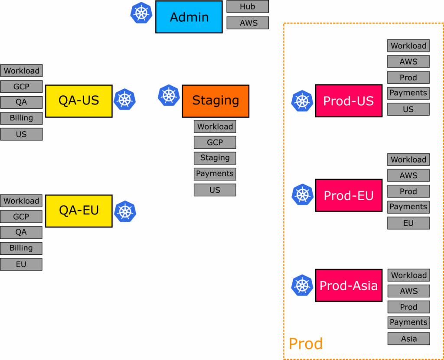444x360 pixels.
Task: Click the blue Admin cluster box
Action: [189, 17]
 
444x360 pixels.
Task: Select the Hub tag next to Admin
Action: [248, 6]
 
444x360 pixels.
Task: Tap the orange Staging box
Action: [215, 101]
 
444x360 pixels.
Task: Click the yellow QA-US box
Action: [79, 101]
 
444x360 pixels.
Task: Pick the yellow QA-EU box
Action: [79, 211]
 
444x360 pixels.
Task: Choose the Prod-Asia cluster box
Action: [349, 285]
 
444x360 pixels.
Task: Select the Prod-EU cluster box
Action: [349, 195]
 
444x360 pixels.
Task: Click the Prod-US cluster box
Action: [349, 101]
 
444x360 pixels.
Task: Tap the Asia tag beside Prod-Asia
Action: [408, 339]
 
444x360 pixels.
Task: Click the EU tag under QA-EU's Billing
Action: [21, 264]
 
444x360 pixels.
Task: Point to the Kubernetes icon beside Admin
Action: [141, 13]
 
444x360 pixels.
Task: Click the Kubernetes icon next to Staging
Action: [169, 95]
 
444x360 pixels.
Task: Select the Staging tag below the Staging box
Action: [215, 158]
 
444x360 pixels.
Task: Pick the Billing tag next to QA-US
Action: [21, 118]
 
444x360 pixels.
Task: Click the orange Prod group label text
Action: [306, 344]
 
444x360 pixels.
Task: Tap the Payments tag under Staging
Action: [215, 174]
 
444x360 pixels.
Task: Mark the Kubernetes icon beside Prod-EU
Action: [302, 195]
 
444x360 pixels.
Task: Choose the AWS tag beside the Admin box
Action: [248, 23]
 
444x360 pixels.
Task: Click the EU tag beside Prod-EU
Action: [408, 223]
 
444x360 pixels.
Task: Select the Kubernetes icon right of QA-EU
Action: [125, 211]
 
